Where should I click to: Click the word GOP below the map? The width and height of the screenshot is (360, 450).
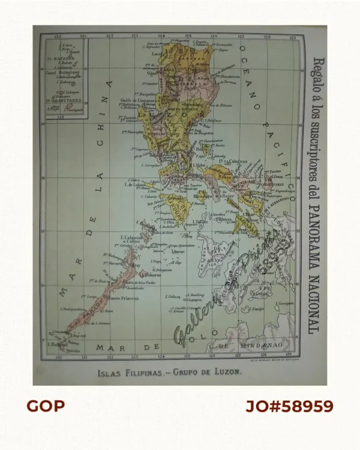(x=45, y=406)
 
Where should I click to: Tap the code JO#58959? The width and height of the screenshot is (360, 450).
(x=289, y=406)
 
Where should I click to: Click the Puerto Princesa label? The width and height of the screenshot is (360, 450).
(x=126, y=298)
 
